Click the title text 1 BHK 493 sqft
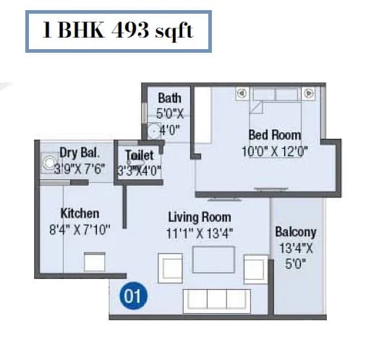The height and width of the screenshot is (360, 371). click(118, 33)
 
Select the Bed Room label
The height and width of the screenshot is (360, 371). click(274, 134)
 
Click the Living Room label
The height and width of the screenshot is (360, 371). click(200, 217)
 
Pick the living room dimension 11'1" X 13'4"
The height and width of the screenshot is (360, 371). click(200, 233)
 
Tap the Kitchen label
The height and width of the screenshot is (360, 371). click(80, 213)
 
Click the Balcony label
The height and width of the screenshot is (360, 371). click(295, 232)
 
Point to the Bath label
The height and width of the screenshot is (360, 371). click(170, 98)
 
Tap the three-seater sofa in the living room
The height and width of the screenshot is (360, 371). click(215, 299)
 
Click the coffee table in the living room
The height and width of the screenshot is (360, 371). click(213, 260)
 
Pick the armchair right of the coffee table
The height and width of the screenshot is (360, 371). click(255, 269)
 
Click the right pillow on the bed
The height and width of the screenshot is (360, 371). click(308, 93)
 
